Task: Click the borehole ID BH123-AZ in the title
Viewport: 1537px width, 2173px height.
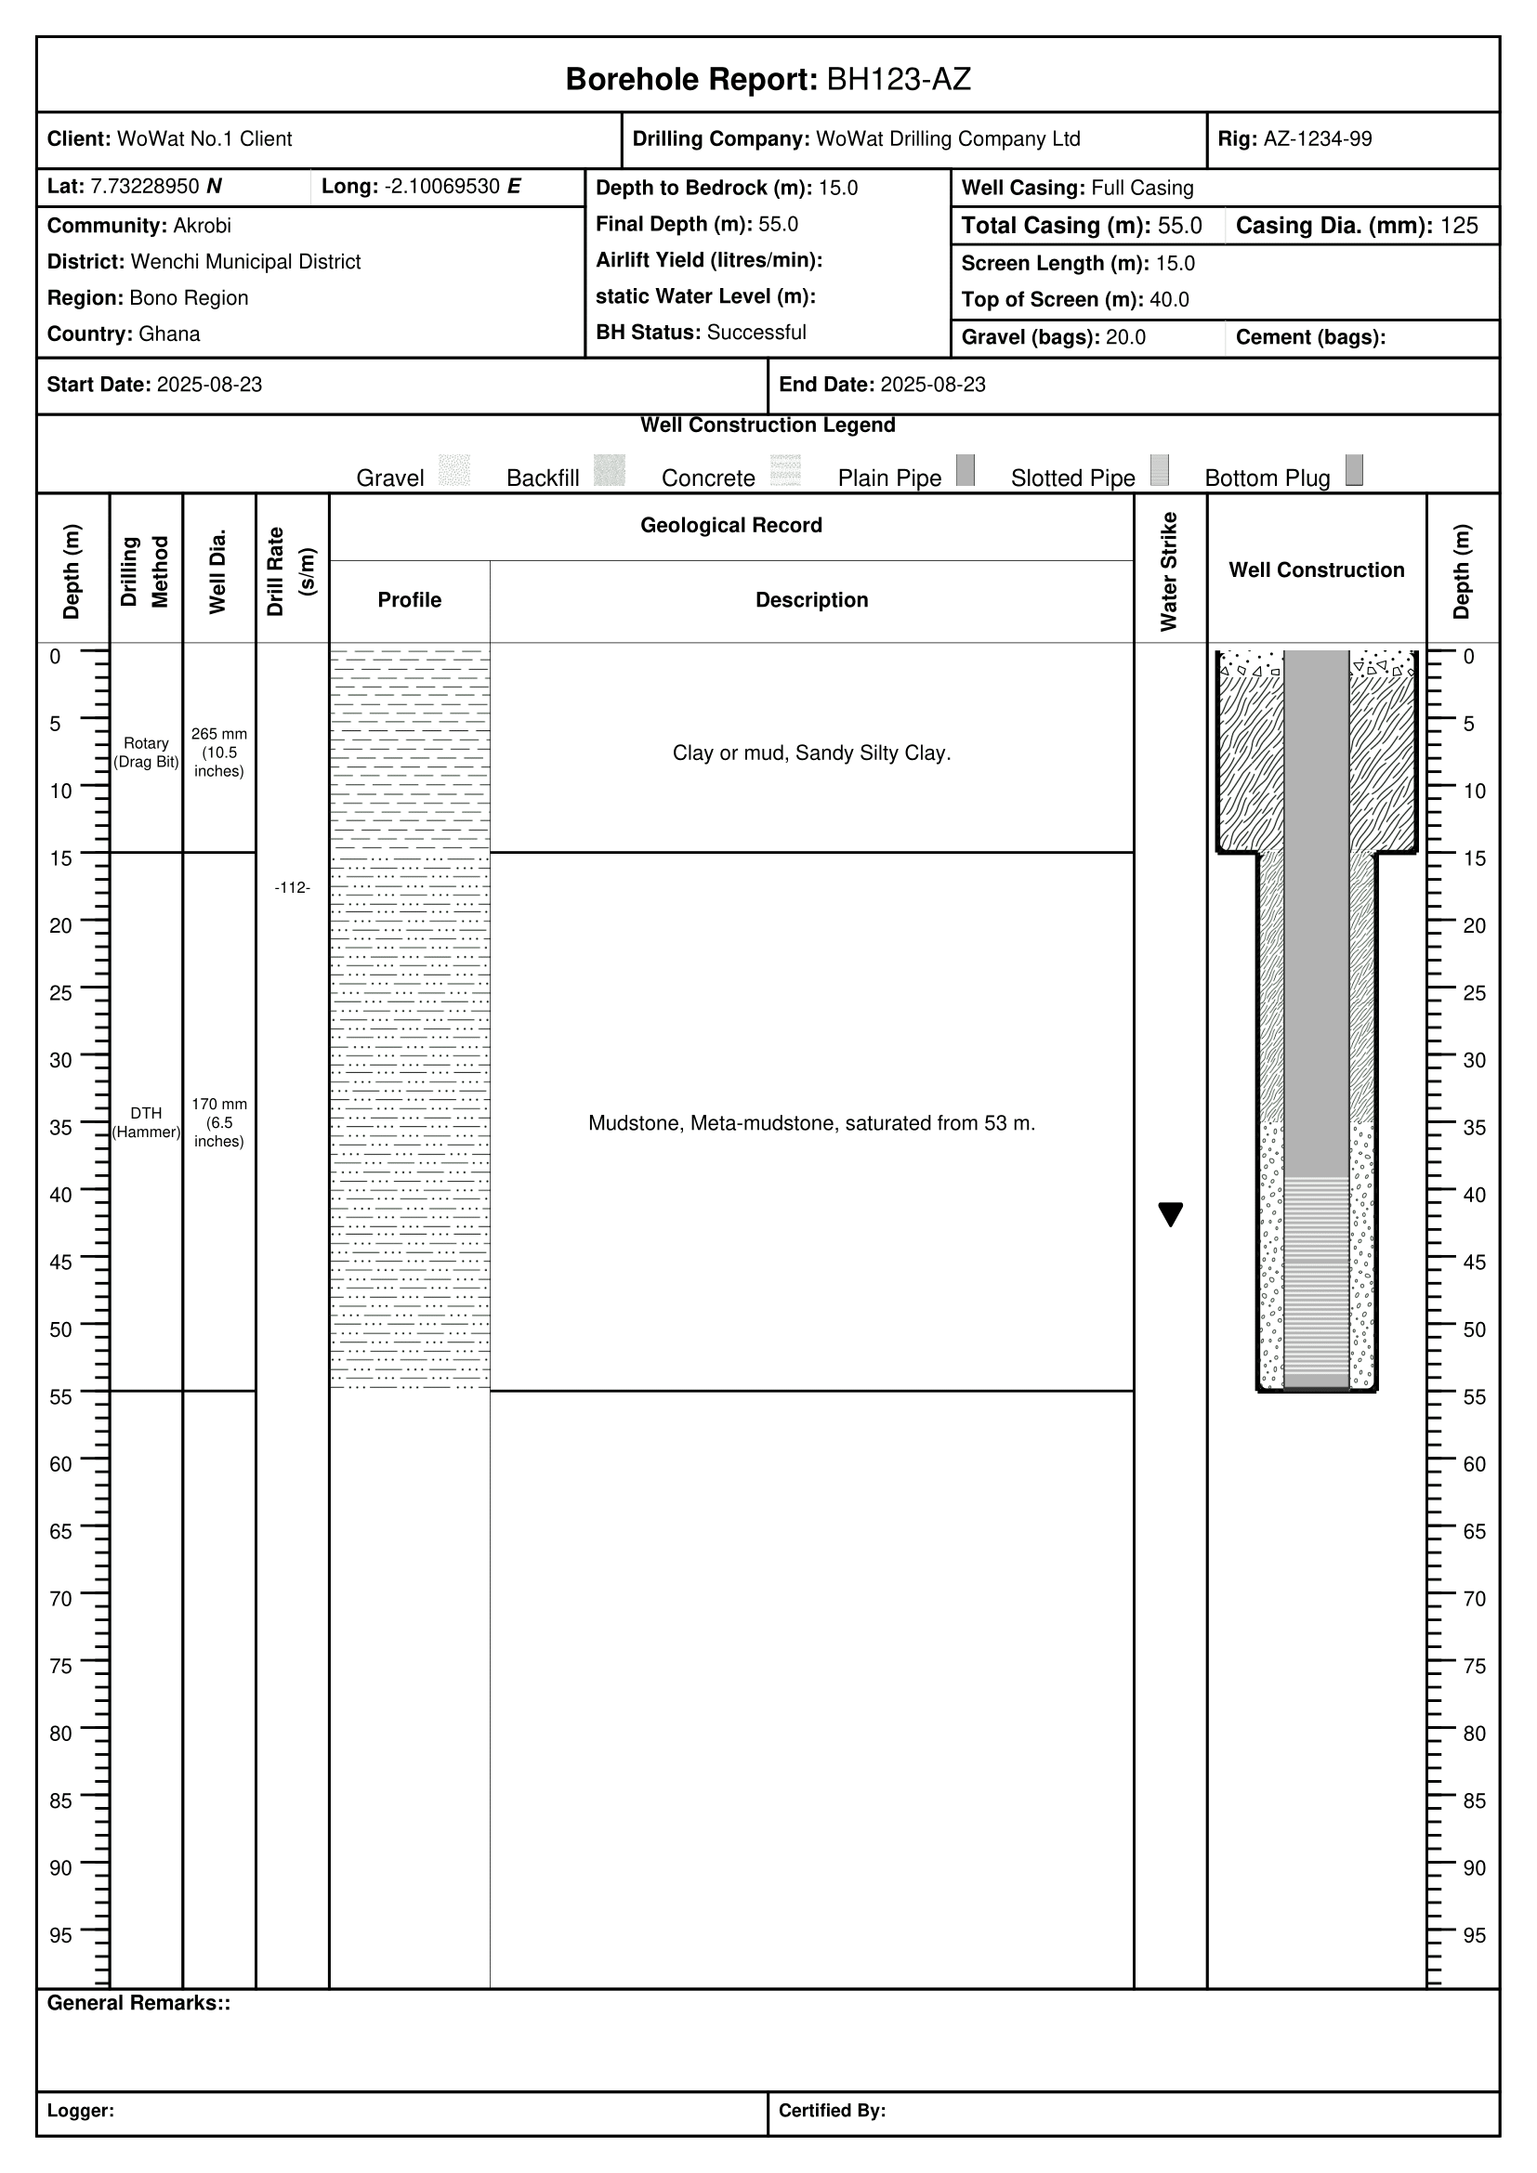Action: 899,80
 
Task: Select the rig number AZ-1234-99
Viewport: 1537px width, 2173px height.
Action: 1317,139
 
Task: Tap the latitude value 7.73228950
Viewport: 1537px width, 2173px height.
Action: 145,187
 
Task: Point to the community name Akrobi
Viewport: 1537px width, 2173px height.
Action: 202,226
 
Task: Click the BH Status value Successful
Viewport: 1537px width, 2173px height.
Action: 756,333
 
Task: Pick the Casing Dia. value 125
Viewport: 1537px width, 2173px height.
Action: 1458,226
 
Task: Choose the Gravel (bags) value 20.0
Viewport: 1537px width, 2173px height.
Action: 1125,338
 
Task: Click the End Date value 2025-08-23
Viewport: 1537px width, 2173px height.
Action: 932,386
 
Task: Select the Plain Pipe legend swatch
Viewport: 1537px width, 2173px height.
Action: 965,470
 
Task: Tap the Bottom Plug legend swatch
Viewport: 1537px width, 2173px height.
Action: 1354,470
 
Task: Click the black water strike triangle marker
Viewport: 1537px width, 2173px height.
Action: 1171,1213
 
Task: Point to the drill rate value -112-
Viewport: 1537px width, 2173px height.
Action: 293,888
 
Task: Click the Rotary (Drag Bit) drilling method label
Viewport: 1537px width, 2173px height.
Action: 147,753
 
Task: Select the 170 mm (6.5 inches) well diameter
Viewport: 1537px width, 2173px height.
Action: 218,1122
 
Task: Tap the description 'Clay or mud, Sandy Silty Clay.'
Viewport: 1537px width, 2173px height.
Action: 811,753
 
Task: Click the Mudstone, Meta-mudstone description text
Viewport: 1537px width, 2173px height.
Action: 811,1123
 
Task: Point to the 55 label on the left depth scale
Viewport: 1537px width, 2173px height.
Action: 60,1397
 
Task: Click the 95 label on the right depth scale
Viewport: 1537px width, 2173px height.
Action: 1474,1936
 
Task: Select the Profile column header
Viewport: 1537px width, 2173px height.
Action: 409,600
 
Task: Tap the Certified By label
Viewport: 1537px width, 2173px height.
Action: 832,2111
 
